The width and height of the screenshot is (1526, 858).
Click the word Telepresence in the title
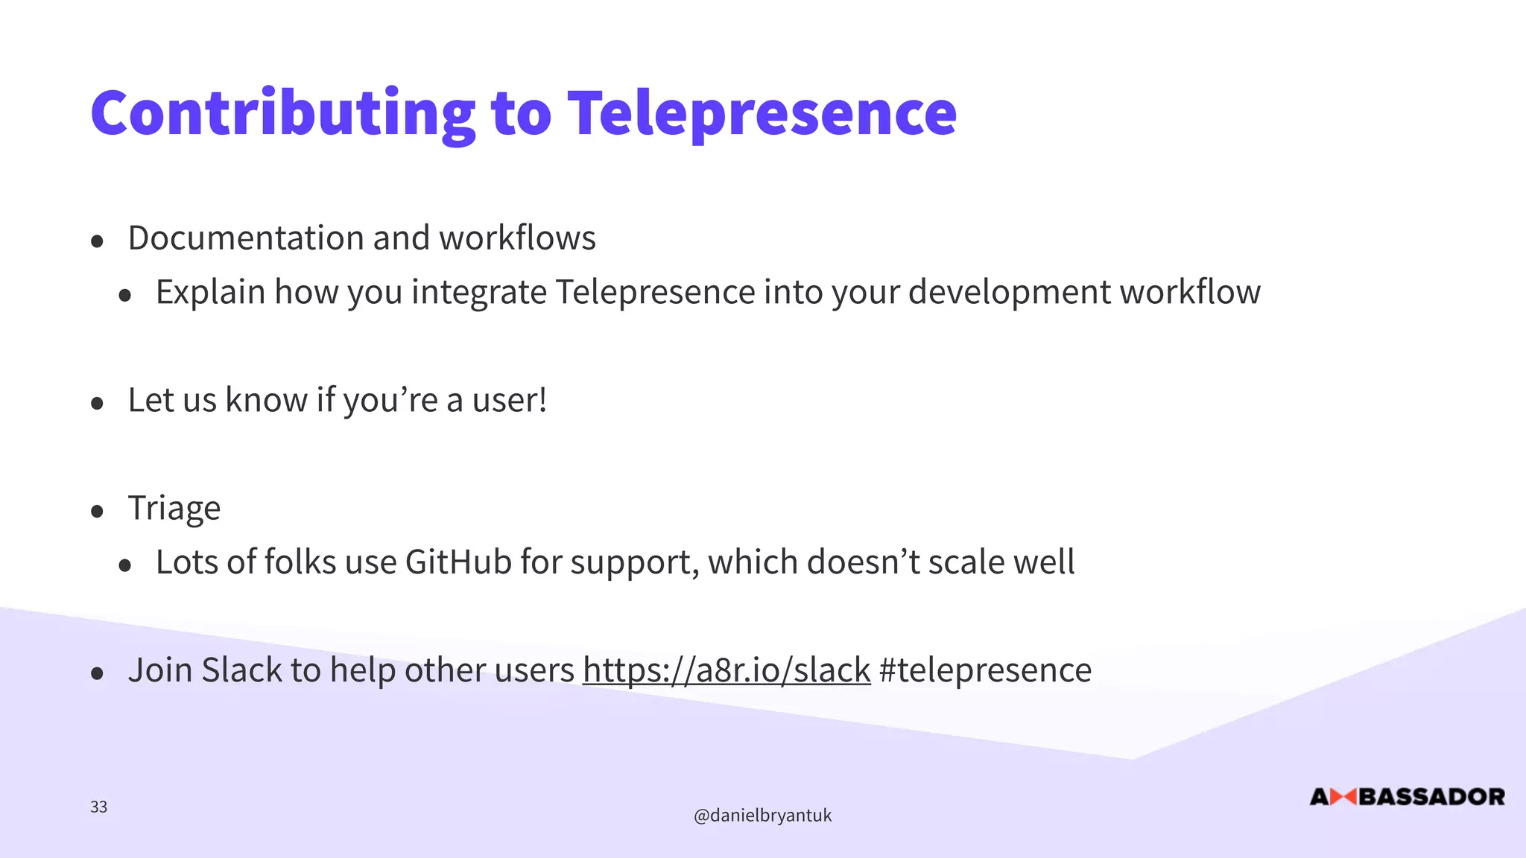tap(762, 113)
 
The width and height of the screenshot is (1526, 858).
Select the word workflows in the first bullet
tap(517, 238)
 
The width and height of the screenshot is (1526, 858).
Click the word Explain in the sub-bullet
tap(210, 292)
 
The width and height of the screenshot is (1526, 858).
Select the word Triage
tap(174, 509)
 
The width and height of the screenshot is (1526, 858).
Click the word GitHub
tap(458, 562)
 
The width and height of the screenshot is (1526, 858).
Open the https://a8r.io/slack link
tap(726, 670)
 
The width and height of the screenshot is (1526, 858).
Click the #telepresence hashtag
tap(985, 670)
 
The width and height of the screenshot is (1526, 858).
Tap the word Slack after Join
tap(241, 670)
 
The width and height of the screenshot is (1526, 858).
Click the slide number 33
tap(98, 807)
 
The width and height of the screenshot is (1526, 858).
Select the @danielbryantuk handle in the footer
tap(762, 816)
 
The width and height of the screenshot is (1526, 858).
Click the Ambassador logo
tap(1407, 797)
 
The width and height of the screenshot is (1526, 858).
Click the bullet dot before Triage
tap(97, 512)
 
